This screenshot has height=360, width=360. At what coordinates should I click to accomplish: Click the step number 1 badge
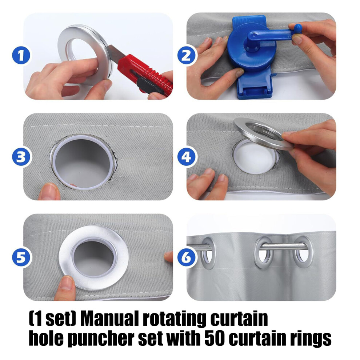(x=21, y=56)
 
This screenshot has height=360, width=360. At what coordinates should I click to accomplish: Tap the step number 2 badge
(x=187, y=56)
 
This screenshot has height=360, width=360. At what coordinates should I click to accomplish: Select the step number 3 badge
(x=21, y=157)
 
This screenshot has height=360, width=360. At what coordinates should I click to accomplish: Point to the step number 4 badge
(x=187, y=157)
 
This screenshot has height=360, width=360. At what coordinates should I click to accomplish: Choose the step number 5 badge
(x=21, y=257)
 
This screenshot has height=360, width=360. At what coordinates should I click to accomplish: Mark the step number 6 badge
(x=187, y=257)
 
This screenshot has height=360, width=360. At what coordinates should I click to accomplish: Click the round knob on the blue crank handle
(x=298, y=29)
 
